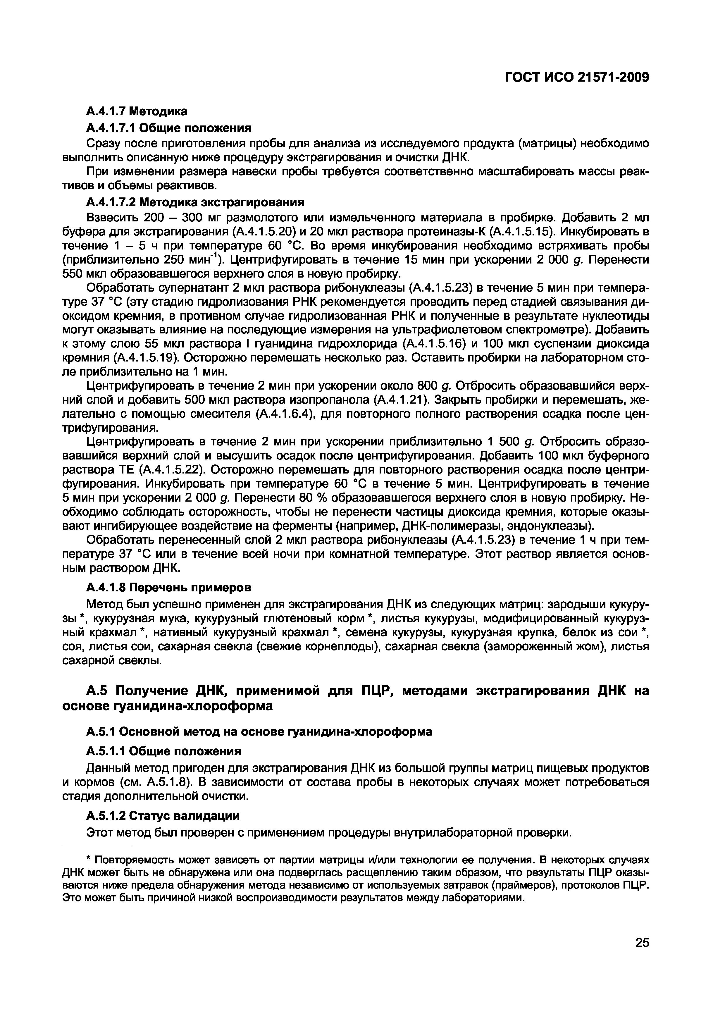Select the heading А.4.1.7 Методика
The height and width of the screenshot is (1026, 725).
[137, 111]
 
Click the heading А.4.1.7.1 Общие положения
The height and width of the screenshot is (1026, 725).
[169, 128]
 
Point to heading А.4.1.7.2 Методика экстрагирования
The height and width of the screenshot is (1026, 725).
[195, 202]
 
